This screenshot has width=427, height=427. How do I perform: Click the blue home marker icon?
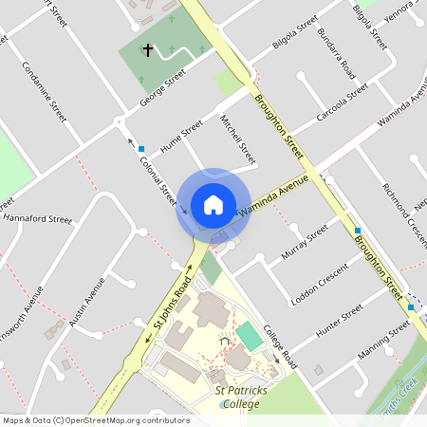pos(213,204)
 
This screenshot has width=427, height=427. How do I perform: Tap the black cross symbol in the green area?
pos(147,49)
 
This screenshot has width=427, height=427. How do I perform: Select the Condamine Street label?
pos(44,84)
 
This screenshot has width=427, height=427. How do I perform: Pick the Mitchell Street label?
pos(238,138)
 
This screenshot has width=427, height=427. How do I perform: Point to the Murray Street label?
pos(305,241)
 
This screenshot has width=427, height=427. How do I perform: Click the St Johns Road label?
pos(173,302)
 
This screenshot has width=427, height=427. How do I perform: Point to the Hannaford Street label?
pos(37,218)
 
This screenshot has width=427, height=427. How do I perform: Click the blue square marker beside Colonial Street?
pos(141,149)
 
